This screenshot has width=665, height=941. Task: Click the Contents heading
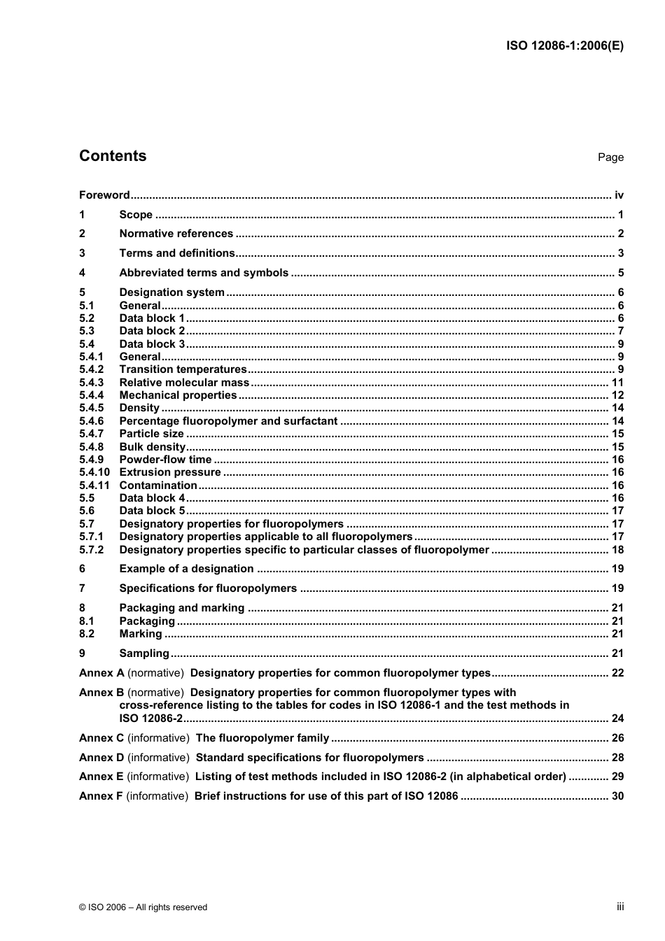coord(113,156)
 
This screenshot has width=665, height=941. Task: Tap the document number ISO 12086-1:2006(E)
coord(564,46)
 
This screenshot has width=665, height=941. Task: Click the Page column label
coord(610,157)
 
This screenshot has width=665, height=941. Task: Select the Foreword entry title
coord(104,195)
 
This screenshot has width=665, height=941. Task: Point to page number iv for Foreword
coord(618,195)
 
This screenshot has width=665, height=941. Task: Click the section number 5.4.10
coord(94,472)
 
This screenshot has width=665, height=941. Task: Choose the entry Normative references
coord(176,234)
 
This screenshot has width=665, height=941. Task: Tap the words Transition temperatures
coord(183,369)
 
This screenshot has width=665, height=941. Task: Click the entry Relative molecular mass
coord(184,383)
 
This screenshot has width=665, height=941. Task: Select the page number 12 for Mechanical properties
coord(617,395)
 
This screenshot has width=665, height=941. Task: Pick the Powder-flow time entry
coord(165,460)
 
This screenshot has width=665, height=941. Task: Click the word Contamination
coord(158,486)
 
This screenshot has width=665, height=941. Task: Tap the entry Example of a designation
coord(186,569)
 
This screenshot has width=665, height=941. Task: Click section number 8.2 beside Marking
coord(87,634)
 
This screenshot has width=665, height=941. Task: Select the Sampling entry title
coord(144,653)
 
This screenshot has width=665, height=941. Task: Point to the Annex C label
coord(101,738)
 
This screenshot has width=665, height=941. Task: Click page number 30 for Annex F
coord(617,796)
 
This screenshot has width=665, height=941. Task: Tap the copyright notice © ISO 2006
coord(143,907)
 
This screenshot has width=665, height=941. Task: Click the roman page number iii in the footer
coord(620,906)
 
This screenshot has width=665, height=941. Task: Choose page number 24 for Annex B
coord(617,719)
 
